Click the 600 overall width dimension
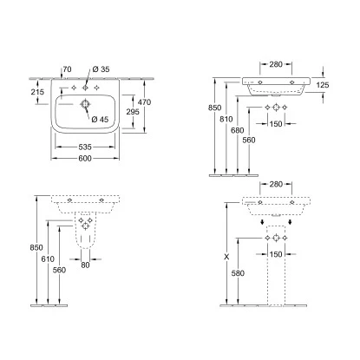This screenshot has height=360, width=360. (x=85, y=159)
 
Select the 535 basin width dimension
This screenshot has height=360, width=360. (x=85, y=147)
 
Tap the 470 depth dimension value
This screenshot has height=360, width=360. (x=144, y=102)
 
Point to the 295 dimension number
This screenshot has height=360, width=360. (x=133, y=112)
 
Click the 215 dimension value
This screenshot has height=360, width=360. (x=37, y=92)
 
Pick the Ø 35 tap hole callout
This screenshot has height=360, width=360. (x=101, y=69)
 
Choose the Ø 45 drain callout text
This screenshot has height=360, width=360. (x=100, y=119)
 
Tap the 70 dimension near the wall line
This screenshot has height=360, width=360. (x=67, y=69)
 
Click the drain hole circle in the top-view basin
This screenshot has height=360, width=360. (x=85, y=104)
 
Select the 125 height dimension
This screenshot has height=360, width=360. (x=323, y=85)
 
